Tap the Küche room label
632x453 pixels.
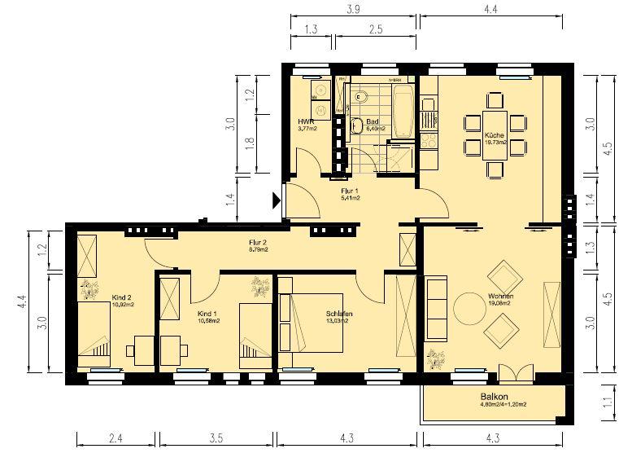click(494, 135)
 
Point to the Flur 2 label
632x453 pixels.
click(259, 242)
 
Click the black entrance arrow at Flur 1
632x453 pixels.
click(277, 198)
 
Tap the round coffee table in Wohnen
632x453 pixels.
click(470, 310)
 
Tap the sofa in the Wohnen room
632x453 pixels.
click(436, 310)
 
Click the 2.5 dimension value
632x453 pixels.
click(375, 29)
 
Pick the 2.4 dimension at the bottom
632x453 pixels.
click(116, 439)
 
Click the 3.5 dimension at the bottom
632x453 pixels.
click(215, 439)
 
